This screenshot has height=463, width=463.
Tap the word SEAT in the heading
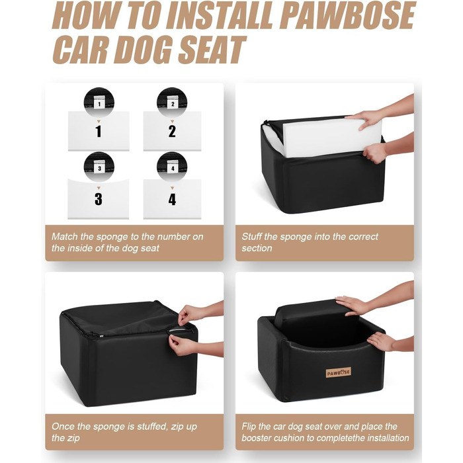click(x=212, y=50)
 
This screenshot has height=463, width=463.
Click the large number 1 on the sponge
click(x=99, y=132)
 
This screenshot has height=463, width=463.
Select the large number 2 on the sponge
click(x=172, y=132)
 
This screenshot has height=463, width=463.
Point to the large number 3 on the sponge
click(x=99, y=199)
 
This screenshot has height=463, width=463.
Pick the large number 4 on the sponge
click(x=172, y=199)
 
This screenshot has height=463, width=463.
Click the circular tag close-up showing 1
click(x=99, y=103)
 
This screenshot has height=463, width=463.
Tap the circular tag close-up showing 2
click(x=172, y=103)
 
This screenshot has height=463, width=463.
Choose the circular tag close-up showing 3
click(x=99, y=167)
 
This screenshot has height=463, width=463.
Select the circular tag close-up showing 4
click(x=172, y=167)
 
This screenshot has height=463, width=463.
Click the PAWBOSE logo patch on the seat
click(x=339, y=372)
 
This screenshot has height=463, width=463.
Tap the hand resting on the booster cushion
click(x=351, y=306)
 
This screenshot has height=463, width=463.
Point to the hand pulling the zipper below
click(x=181, y=346)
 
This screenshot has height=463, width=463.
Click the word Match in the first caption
click(x=64, y=237)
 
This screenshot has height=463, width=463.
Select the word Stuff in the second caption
click(x=251, y=237)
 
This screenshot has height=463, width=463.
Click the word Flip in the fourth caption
click(x=249, y=427)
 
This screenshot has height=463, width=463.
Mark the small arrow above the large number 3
click(x=99, y=188)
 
